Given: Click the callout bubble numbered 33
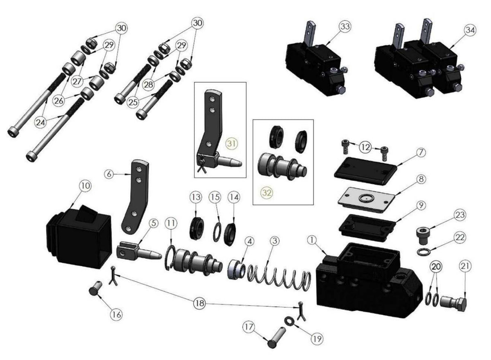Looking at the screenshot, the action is pyautogui.click(x=345, y=27).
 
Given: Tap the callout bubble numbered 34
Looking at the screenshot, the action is pyautogui.click(x=470, y=30).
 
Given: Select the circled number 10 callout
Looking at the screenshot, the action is pyautogui.click(x=85, y=186).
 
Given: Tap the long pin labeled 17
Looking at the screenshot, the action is pyautogui.click(x=277, y=337).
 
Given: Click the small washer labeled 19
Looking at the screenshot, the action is pyautogui.click(x=289, y=321).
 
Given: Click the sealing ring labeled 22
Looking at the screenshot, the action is pyautogui.click(x=423, y=252).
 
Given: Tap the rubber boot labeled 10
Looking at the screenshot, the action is pyautogui.click(x=79, y=237).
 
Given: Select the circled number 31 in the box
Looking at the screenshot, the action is pyautogui.click(x=232, y=144).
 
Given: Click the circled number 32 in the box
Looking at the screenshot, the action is pyautogui.click(x=267, y=193).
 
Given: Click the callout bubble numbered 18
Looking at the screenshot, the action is pyautogui.click(x=200, y=304).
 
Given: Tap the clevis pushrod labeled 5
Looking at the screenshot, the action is pyautogui.click(x=139, y=251).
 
